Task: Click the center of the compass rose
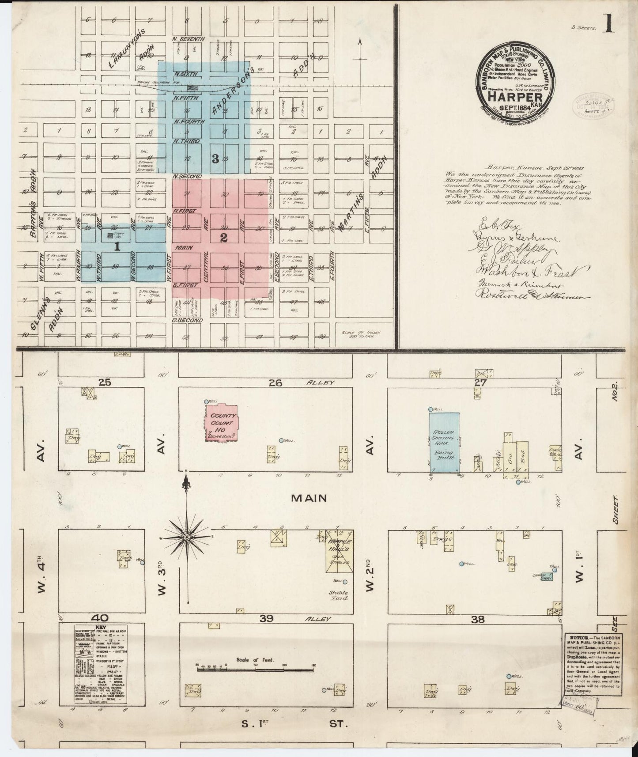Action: [187, 537]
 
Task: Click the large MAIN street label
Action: [309, 498]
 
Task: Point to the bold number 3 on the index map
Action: [215, 159]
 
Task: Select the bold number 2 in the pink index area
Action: [223, 238]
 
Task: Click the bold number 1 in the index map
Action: [117, 247]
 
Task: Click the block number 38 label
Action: [478, 619]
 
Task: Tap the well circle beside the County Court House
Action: [206, 401]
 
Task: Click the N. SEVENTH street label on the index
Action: [189, 39]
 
